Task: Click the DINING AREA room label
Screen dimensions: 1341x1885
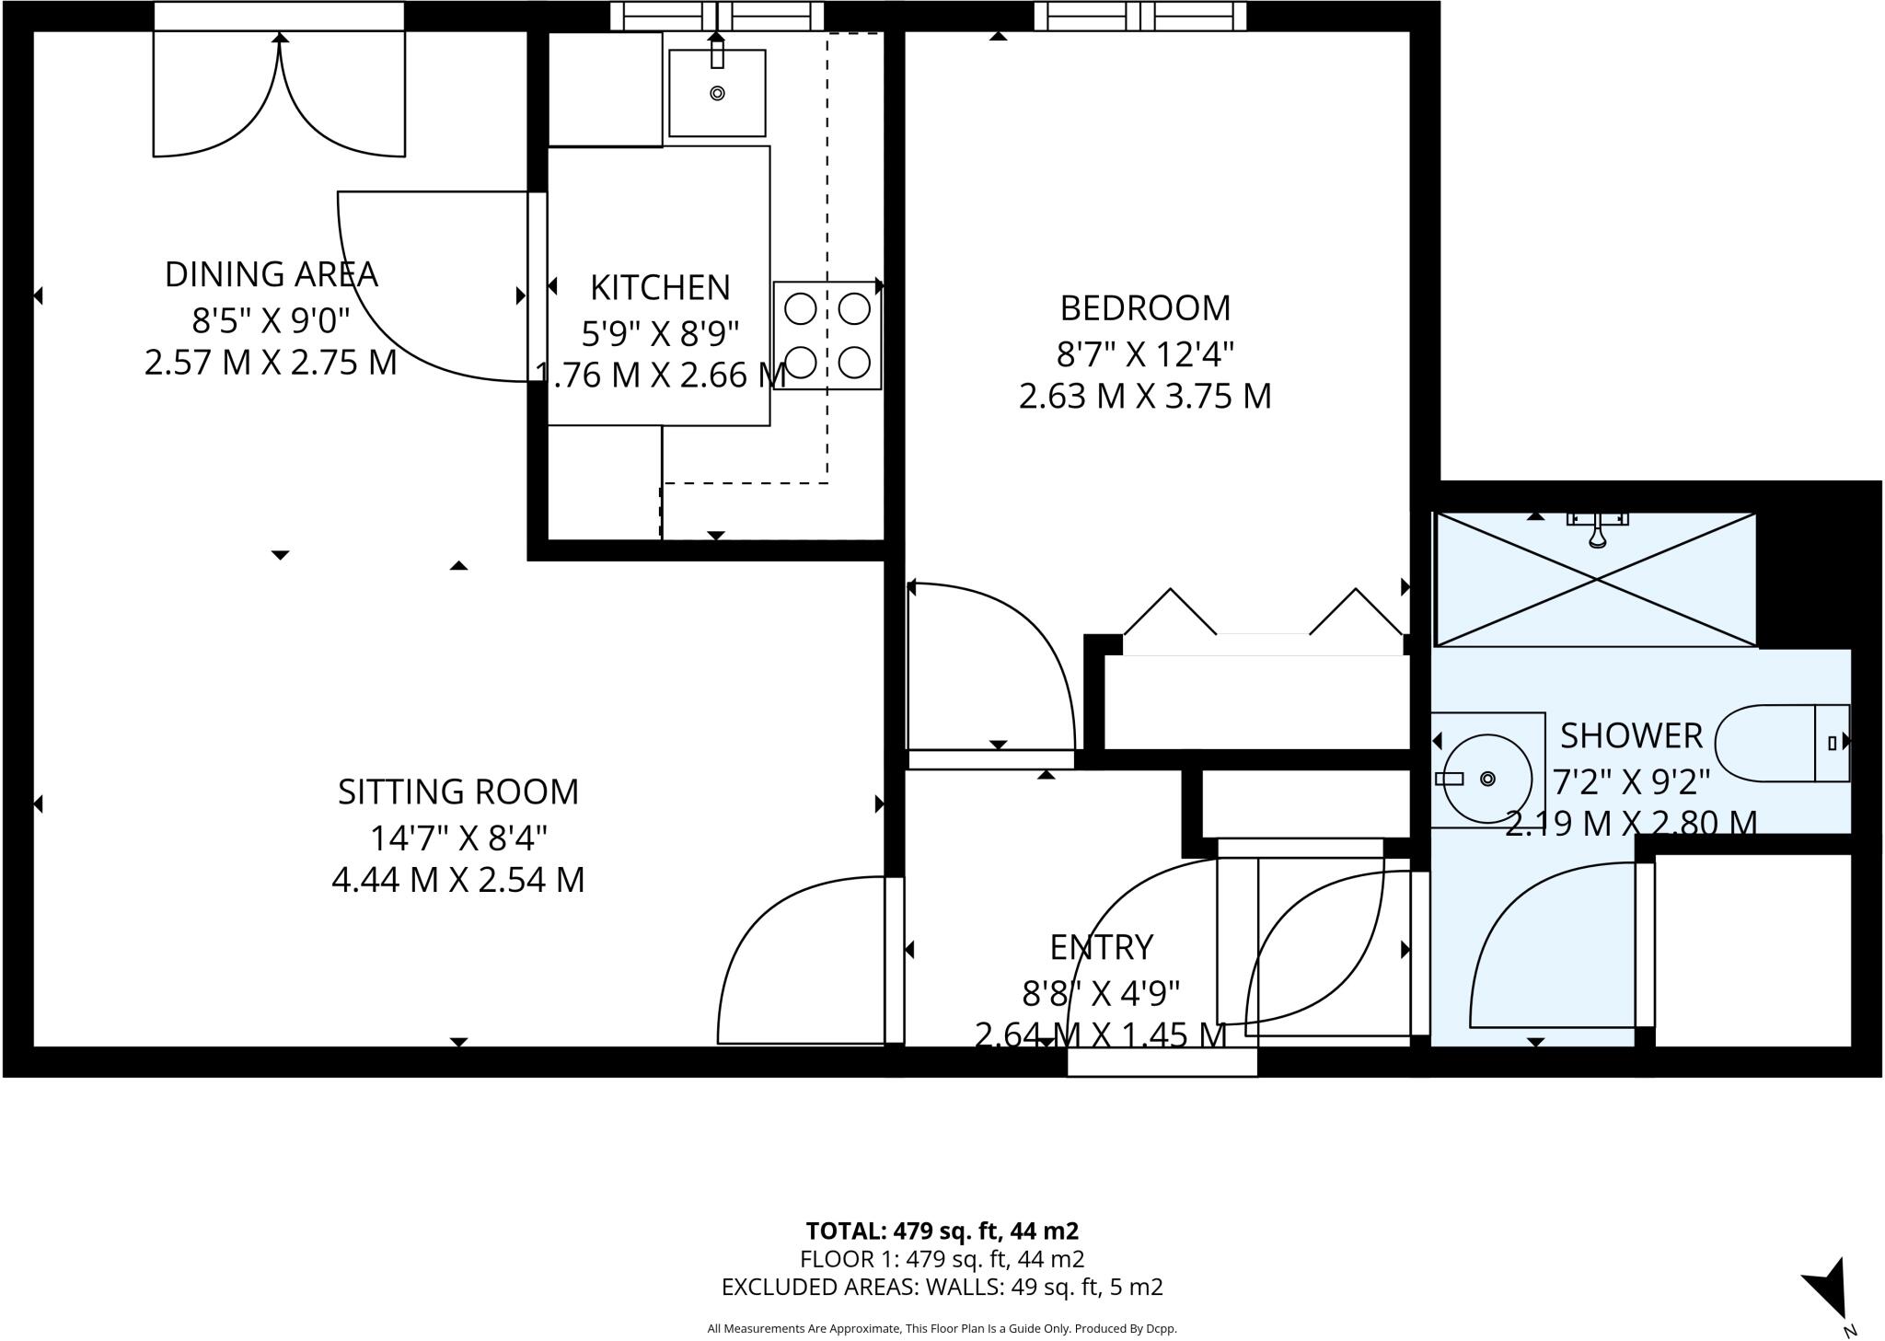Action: point(271,274)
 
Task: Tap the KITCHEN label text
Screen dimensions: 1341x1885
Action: point(659,288)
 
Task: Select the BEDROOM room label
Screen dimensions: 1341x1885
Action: point(1144,308)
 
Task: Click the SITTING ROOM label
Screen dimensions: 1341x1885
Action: point(457,792)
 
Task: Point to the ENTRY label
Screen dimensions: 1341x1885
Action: point(1101,947)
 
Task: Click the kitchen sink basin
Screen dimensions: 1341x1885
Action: point(717,93)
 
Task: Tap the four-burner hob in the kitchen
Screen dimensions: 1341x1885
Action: point(827,336)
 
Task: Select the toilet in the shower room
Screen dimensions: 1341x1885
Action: point(1781,744)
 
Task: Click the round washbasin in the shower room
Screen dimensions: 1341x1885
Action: point(1486,779)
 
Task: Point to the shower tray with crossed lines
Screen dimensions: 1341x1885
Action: point(1595,580)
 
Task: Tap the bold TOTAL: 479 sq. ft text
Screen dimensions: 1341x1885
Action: point(942,1231)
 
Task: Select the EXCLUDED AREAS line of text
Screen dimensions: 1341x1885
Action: point(942,1287)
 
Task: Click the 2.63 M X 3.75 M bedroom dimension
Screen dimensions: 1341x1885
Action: point(1144,397)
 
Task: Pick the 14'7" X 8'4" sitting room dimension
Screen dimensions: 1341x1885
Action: point(457,838)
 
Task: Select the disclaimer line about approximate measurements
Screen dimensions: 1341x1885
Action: point(942,1328)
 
